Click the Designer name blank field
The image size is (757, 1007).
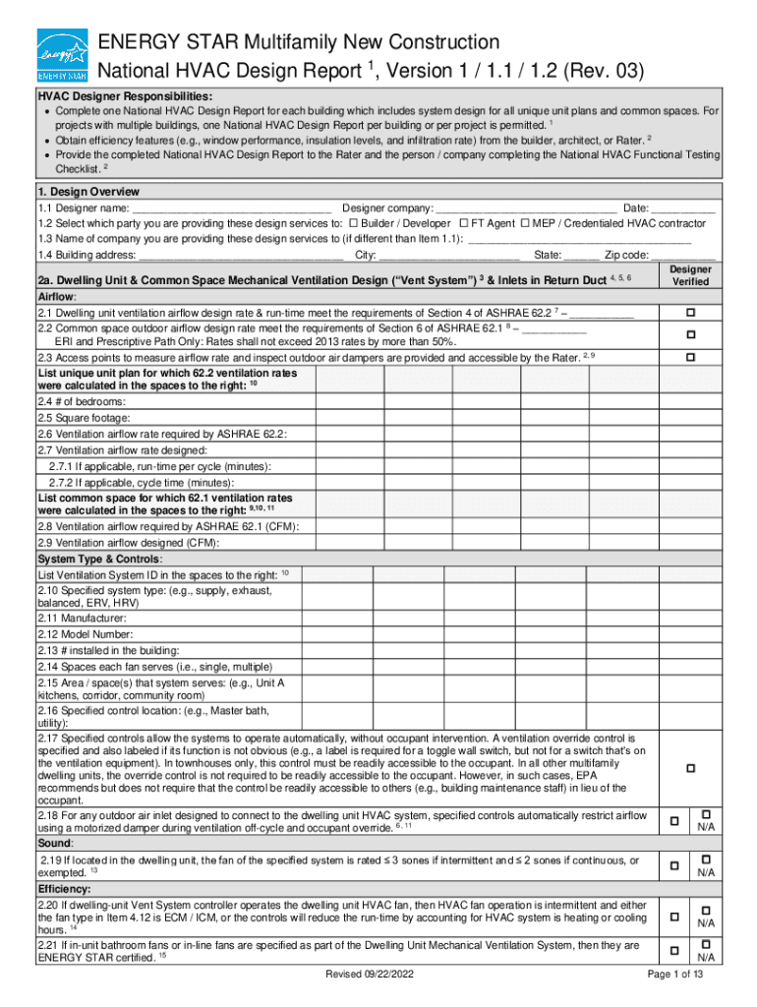[231, 208]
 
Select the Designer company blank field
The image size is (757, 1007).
[526, 208]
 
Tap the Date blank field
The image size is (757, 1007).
[682, 208]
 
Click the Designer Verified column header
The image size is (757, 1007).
[690, 274]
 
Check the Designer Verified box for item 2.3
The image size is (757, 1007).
[690, 358]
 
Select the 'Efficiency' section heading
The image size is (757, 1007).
[62, 889]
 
